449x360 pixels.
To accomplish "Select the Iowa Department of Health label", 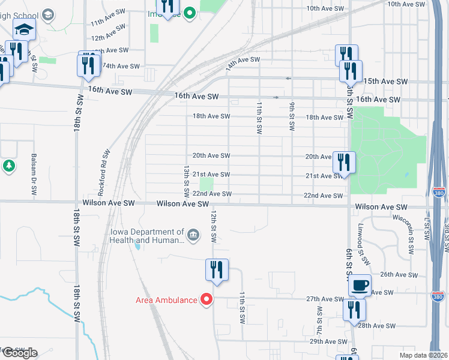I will [x=147, y=236].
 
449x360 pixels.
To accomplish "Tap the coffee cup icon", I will [x=360, y=286].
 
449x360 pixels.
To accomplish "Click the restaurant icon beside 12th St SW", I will [x=217, y=270].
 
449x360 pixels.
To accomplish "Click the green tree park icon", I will [x=8, y=165].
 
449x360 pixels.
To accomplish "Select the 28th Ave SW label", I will [x=376, y=325].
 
